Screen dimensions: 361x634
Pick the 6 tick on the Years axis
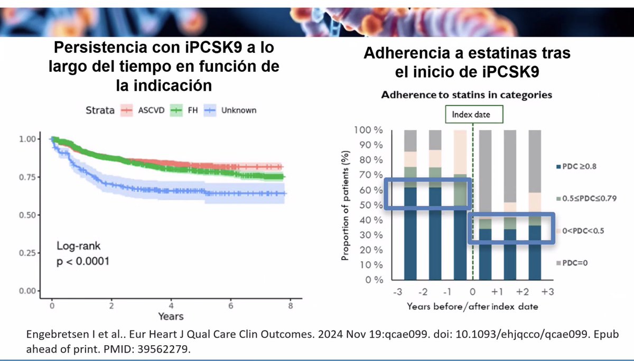231,306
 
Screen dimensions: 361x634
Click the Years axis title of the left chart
170,317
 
